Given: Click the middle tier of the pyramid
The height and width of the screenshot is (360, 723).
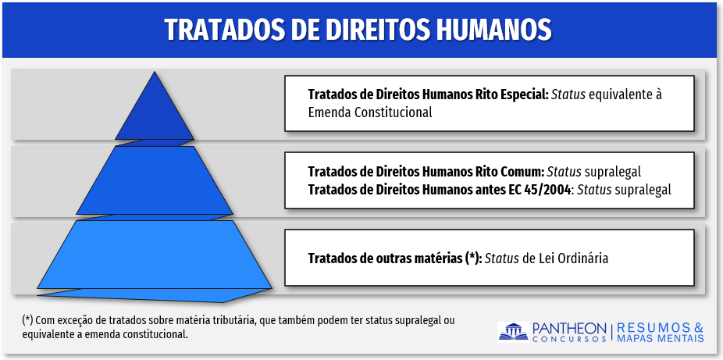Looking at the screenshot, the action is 155,180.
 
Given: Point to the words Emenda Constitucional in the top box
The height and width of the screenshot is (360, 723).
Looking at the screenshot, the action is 370,112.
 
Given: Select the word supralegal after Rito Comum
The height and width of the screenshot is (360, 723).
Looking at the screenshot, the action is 613,172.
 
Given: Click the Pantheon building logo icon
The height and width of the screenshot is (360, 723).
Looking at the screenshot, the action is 513,332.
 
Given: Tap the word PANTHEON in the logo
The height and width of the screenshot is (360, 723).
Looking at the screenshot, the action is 569,328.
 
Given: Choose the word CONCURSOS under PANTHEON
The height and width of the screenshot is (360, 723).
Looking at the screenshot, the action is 569,339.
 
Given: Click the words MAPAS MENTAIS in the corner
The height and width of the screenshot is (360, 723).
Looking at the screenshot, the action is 661,338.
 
